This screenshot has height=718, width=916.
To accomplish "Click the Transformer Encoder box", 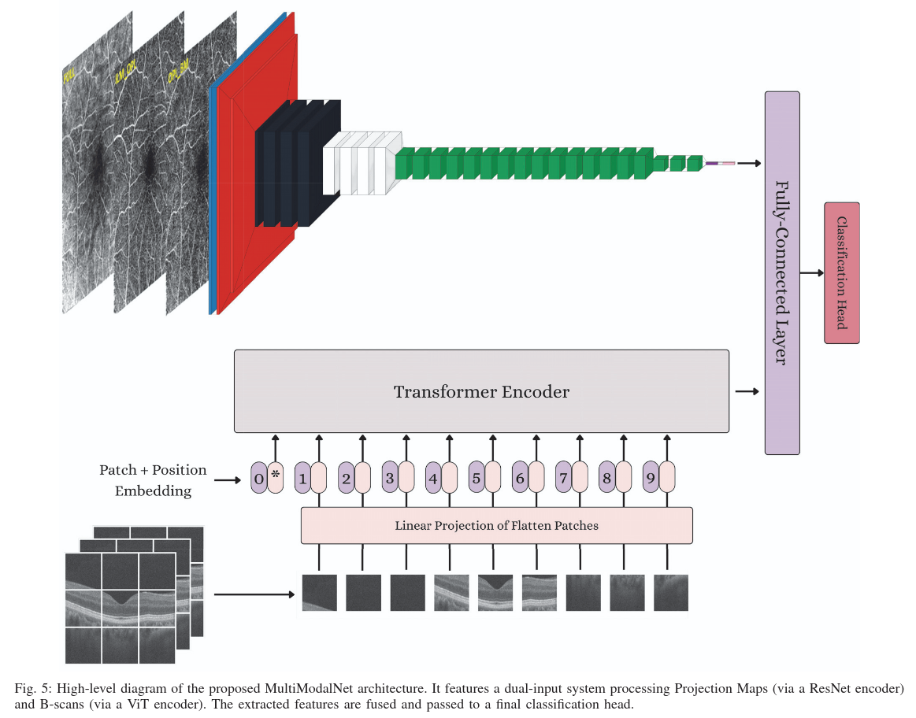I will tap(481, 391).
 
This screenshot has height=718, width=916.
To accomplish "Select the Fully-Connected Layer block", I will tap(782, 272).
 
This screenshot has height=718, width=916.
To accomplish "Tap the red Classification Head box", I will tap(841, 272).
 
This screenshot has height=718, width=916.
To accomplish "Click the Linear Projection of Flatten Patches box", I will tap(496, 525).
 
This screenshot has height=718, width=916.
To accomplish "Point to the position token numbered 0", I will tap(258, 477).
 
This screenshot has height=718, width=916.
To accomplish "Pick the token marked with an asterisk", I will tap(276, 476).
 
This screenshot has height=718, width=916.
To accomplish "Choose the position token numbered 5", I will tap(476, 477).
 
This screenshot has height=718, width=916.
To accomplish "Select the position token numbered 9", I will tap(650, 477).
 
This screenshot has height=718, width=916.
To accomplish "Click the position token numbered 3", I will tap(388, 477).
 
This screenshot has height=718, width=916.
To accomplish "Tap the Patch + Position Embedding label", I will tap(153, 480).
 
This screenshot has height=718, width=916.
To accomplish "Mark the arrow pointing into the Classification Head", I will tap(811, 273).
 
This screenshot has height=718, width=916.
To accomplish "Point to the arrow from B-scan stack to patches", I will tap(252, 594).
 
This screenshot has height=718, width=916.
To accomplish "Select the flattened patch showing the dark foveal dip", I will tap(495, 593).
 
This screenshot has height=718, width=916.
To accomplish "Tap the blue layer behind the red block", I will tap(212, 197).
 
